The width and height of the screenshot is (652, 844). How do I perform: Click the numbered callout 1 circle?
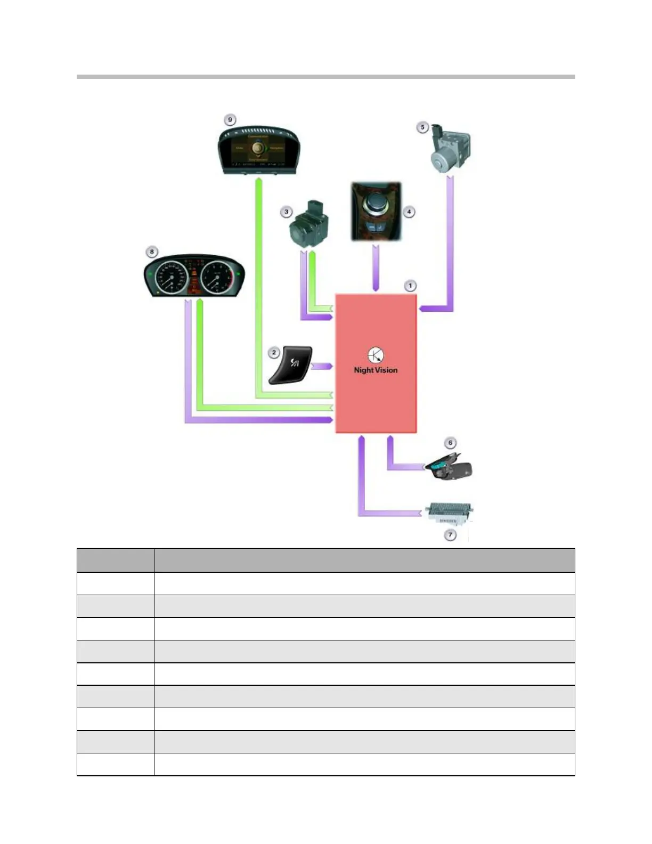pos(410,286)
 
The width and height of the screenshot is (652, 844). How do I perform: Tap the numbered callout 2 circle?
pos(274,352)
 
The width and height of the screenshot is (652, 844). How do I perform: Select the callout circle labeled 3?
pos(286,212)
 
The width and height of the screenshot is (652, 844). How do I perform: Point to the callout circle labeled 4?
pos(409,212)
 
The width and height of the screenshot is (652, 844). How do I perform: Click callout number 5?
pos(422,127)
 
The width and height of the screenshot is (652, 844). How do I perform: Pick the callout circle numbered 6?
pos(450,443)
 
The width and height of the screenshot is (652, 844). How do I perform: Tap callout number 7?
pos(450,534)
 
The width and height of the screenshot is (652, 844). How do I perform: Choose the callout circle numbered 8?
pos(152,251)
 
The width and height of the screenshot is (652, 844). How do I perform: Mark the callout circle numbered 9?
pos(230,120)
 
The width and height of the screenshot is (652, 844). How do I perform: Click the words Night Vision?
pos(376,370)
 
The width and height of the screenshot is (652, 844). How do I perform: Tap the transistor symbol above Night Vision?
pos(376,355)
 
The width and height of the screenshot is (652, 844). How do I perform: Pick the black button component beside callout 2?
pos(291,364)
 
